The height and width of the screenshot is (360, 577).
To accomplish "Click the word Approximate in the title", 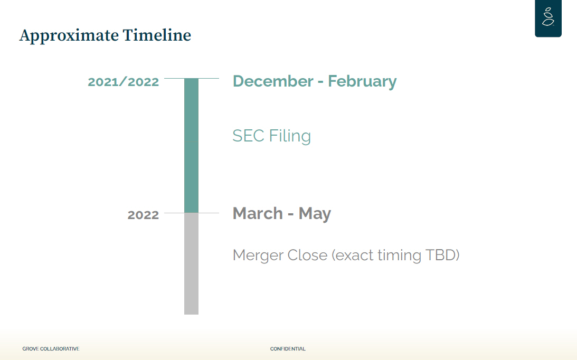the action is (x=69, y=36).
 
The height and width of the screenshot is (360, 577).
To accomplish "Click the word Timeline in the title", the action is (x=157, y=35).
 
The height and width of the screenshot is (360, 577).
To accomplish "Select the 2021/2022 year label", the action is (x=124, y=82).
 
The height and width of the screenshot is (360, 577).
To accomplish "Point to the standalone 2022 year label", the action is (x=143, y=215).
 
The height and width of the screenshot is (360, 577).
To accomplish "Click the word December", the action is (x=273, y=81).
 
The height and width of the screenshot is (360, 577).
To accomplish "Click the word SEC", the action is (x=249, y=136).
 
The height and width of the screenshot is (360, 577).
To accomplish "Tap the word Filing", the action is (x=290, y=136).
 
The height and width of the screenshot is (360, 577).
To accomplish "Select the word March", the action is (x=258, y=213).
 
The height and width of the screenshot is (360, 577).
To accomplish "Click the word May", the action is (x=315, y=214).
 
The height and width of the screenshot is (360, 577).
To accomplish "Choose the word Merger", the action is (x=258, y=255).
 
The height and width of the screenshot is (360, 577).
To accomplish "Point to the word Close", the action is (x=307, y=255).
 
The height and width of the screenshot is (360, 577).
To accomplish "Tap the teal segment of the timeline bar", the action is (x=191, y=145).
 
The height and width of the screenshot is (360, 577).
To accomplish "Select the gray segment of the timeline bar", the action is (x=191, y=263).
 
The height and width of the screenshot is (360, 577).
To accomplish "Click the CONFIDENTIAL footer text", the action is (x=288, y=348).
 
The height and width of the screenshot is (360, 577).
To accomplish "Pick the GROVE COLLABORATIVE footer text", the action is (x=51, y=348).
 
